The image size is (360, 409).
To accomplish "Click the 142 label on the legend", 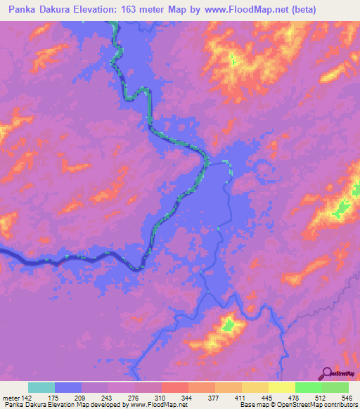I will tap(27, 397).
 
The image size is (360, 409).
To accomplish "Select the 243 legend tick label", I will tap(108, 397).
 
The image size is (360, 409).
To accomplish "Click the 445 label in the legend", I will tap(268, 397).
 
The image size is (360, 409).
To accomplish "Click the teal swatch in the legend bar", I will tap(41, 387).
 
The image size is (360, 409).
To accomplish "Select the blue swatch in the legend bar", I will tap(68, 387).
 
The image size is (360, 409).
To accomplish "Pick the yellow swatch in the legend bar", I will tap(281, 387).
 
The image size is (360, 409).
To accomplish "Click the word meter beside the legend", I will tap(11, 397).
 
